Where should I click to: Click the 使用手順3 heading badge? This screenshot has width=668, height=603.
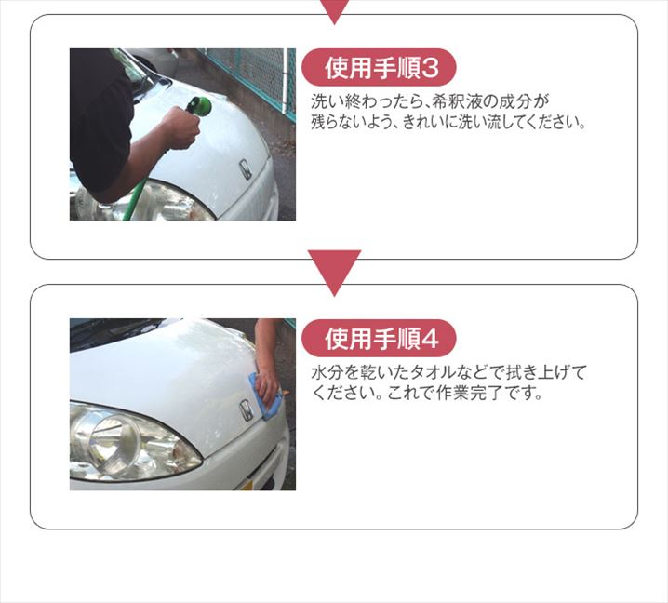379,68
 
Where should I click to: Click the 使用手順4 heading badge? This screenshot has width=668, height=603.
379,338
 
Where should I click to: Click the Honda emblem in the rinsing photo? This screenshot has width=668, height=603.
245,169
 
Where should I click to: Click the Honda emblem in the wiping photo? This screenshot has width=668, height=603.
247,410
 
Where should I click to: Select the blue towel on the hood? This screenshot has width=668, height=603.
266,396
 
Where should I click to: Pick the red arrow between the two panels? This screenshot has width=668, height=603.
334,273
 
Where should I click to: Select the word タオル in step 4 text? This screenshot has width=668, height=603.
430,373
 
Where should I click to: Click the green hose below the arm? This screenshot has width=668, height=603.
136,199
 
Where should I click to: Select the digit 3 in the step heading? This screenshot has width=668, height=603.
430,68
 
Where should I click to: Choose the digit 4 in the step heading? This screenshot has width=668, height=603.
430,339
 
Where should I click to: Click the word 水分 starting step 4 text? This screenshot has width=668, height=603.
327,373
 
